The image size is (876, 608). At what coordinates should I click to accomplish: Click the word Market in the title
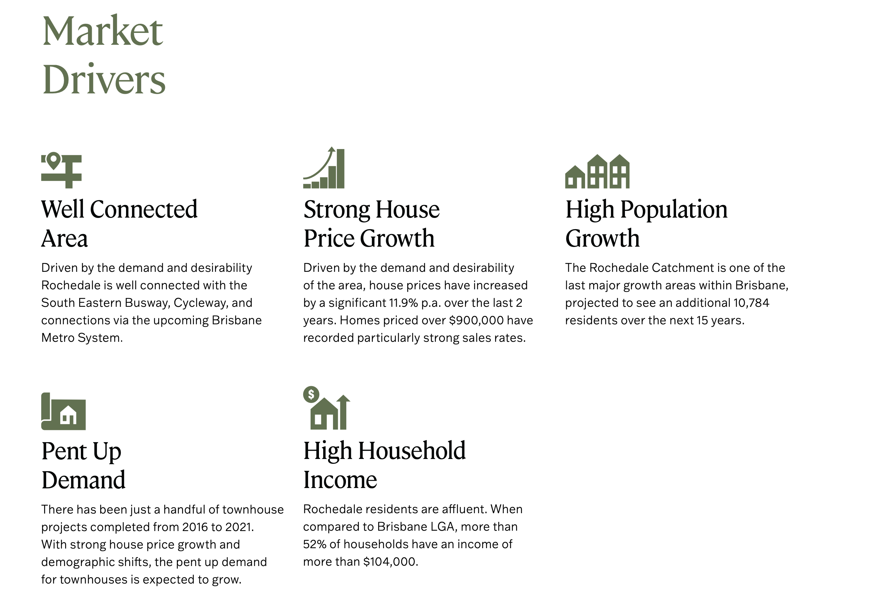click(x=103, y=31)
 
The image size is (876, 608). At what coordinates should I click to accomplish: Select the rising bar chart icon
click(x=324, y=168)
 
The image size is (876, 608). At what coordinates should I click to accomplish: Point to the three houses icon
click(x=597, y=171)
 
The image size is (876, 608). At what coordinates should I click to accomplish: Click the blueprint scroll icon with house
click(x=63, y=411)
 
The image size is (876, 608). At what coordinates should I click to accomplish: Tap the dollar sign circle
click(x=311, y=394)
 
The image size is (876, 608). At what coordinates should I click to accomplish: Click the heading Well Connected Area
click(x=119, y=224)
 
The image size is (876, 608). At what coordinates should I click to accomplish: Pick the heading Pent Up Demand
click(x=83, y=465)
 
